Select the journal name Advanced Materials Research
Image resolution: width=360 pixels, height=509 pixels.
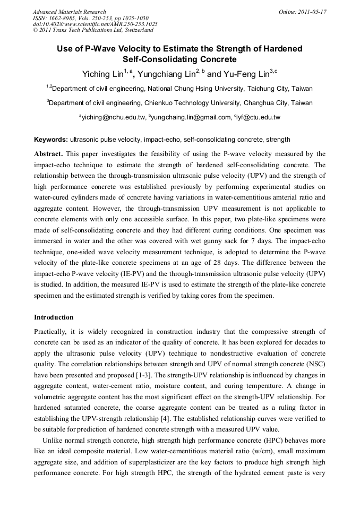pyautogui.click(x=69, y=12)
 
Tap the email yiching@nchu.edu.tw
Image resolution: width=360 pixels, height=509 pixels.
pyautogui.click(x=114, y=117)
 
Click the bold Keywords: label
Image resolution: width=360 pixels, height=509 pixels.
pyautogui.click(x=51, y=140)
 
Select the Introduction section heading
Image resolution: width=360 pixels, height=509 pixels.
pyautogui.click(x=54, y=317)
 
